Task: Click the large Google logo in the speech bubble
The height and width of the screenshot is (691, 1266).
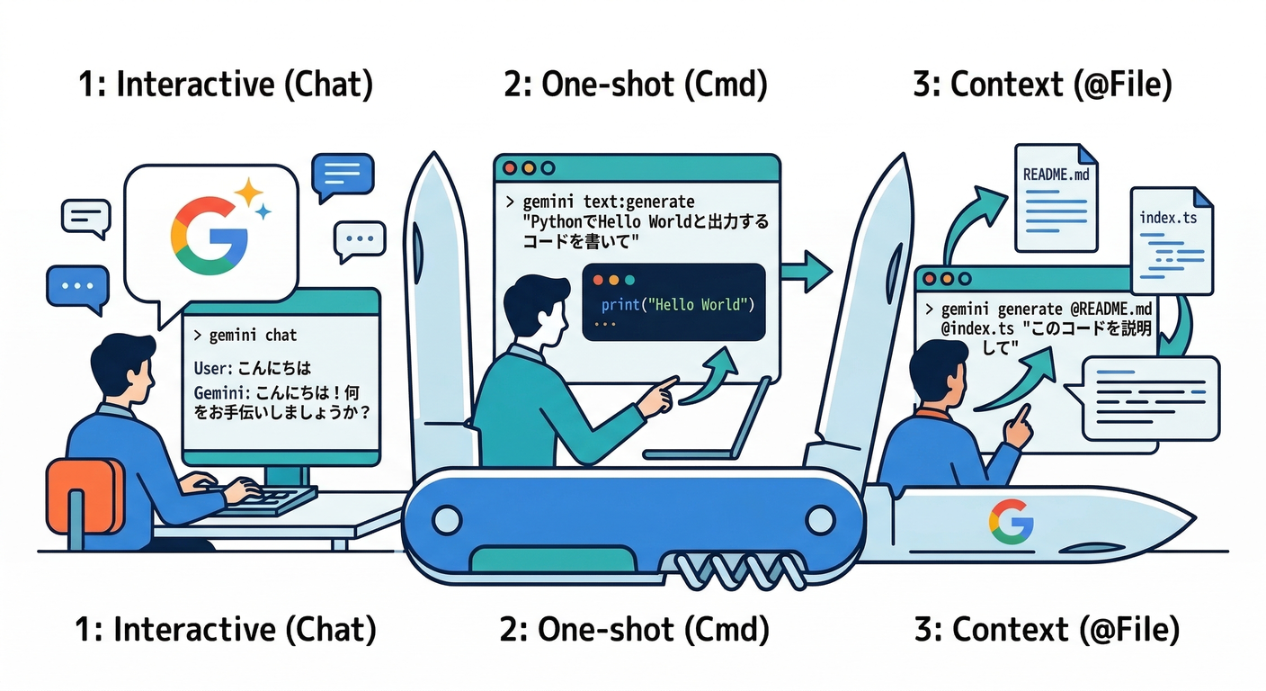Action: [x=209, y=237]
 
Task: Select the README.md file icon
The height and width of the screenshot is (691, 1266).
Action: [x=1056, y=197]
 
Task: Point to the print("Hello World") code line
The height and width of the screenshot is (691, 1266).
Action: [x=675, y=305]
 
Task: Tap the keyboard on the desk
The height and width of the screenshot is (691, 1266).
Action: [x=270, y=498]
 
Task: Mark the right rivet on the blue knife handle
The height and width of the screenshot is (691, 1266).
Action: [x=819, y=519]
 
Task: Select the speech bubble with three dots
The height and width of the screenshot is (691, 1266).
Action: [x=360, y=241]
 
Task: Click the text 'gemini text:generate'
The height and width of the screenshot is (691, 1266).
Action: [x=609, y=201]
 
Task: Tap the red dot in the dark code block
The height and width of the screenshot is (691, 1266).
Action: [x=598, y=280]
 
